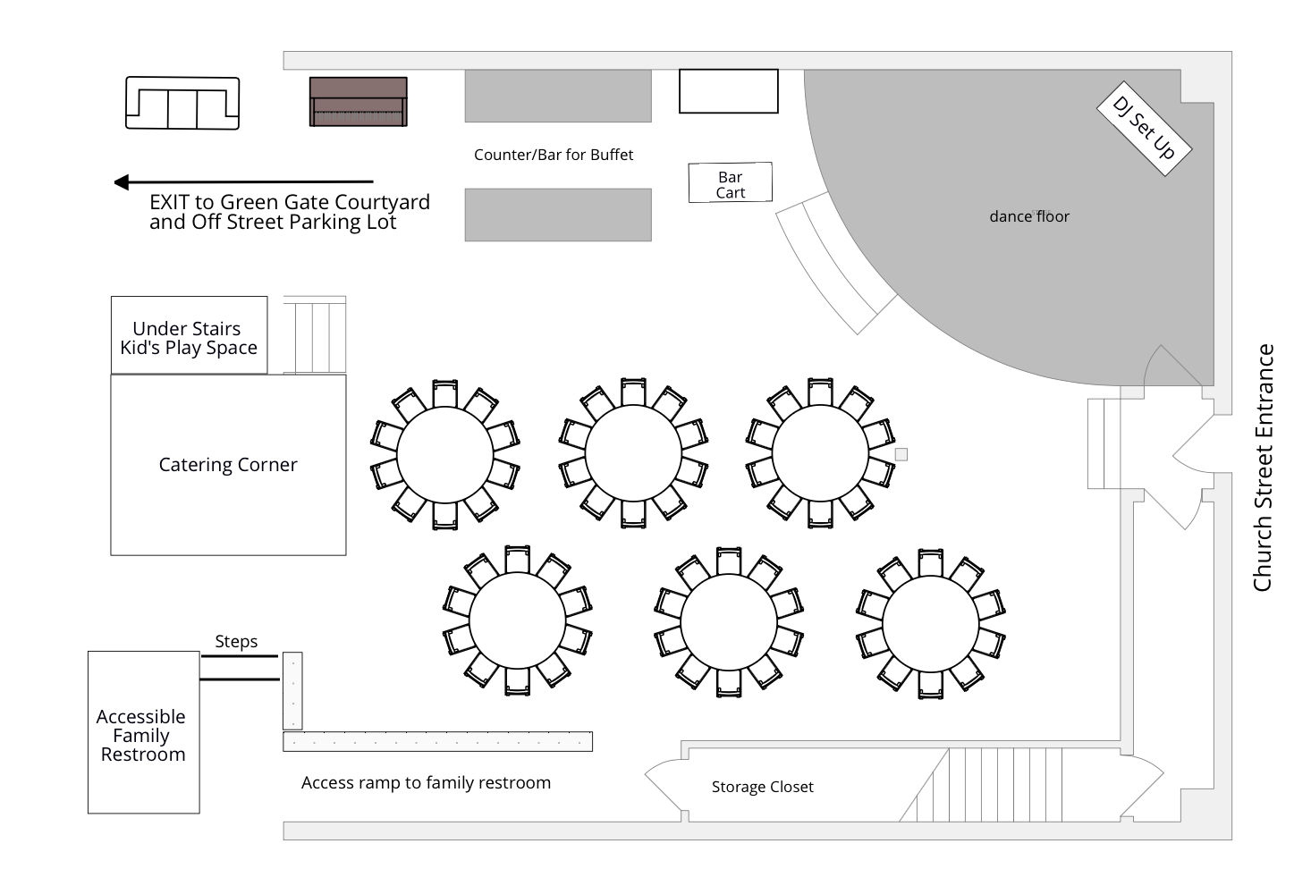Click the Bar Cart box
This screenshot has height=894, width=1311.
730,183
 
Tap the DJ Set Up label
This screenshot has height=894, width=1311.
1144,128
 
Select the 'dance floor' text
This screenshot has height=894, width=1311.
1028,216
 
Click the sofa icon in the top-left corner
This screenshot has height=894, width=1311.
182,104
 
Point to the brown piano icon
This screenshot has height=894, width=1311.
358,101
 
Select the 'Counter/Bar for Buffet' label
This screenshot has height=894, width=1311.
553,155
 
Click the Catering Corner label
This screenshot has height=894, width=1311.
228,465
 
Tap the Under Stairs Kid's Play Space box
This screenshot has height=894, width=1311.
189,337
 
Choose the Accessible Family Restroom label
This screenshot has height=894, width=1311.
142,735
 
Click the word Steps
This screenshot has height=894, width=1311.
236,641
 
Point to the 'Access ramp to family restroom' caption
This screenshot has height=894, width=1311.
426,783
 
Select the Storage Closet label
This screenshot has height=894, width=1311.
762,787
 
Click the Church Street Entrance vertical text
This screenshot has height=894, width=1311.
1263,468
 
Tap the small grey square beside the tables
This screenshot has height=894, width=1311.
901,455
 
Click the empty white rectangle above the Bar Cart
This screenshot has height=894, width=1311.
728,91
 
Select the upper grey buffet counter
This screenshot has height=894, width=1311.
558,96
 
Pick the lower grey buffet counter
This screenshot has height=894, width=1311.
558,215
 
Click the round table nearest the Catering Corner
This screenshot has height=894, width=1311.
444,455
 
